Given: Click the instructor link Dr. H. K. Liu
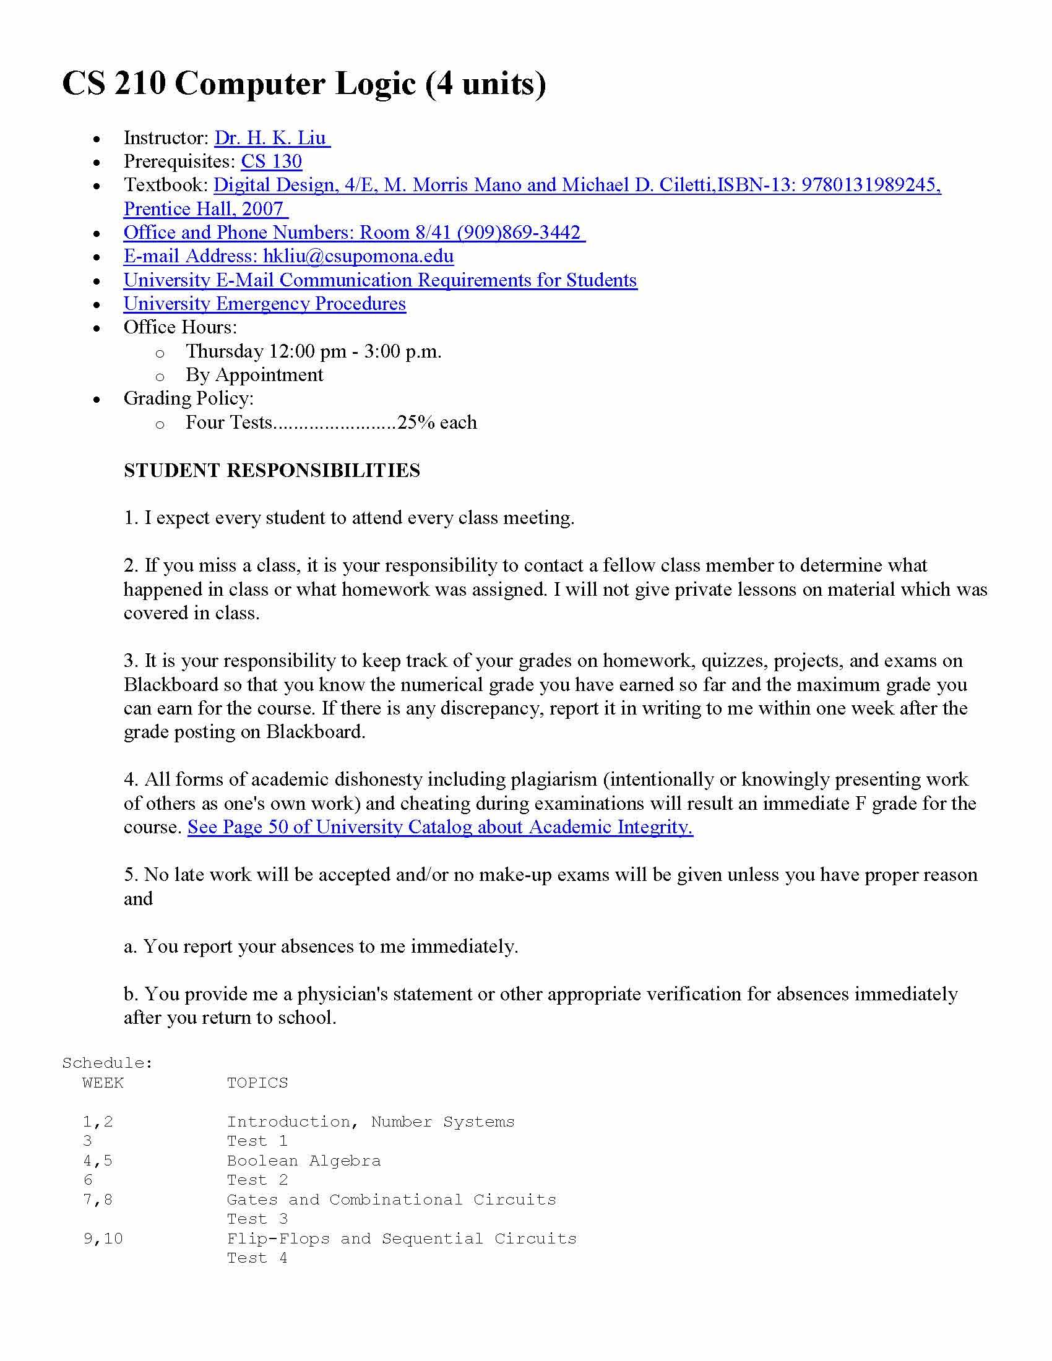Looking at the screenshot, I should pyautogui.click(x=272, y=138).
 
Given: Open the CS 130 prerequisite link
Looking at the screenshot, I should pyautogui.click(x=271, y=161).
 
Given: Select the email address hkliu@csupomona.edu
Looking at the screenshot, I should pyautogui.click(x=358, y=256).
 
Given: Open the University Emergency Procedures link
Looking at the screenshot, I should pyautogui.click(x=264, y=304).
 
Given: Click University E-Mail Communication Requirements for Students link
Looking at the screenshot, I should pyautogui.click(x=380, y=280).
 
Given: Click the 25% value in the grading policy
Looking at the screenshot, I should pyautogui.click(x=416, y=423).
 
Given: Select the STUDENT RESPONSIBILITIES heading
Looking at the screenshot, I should pyautogui.click(x=272, y=471).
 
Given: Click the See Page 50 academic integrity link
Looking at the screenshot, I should pyautogui.click(x=440, y=827).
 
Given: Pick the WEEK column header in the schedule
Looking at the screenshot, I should pyautogui.click(x=103, y=1083).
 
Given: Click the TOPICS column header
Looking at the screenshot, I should pyautogui.click(x=257, y=1083).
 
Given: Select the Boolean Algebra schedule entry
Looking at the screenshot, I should pyautogui.click(x=303, y=1161).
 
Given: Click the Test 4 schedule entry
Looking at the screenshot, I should pyautogui.click(x=257, y=1258).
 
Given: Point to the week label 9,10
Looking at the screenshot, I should pyautogui.click(x=103, y=1239).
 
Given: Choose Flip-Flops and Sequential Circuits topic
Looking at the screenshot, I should pyautogui.click(x=402, y=1239).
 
